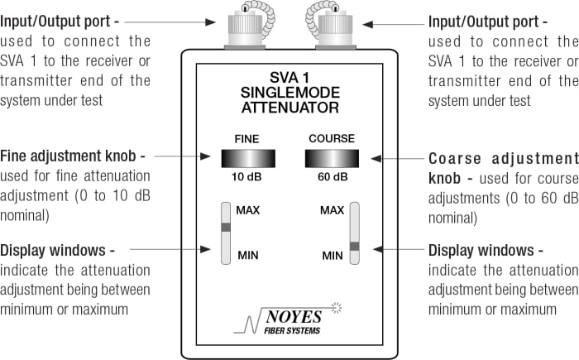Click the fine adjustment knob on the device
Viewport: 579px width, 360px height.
249,159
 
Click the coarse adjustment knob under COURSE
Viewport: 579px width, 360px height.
332,159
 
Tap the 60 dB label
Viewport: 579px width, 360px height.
332,176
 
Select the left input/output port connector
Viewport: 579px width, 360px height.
245,30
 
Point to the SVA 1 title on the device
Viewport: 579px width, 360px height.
290,76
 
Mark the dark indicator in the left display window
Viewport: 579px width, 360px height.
225,226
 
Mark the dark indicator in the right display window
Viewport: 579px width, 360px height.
355,246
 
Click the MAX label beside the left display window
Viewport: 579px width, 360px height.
248,210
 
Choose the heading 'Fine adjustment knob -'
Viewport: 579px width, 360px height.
74,156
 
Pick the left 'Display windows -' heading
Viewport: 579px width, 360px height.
57,250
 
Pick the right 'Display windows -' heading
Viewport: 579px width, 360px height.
486,250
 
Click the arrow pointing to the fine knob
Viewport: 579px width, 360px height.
183,156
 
